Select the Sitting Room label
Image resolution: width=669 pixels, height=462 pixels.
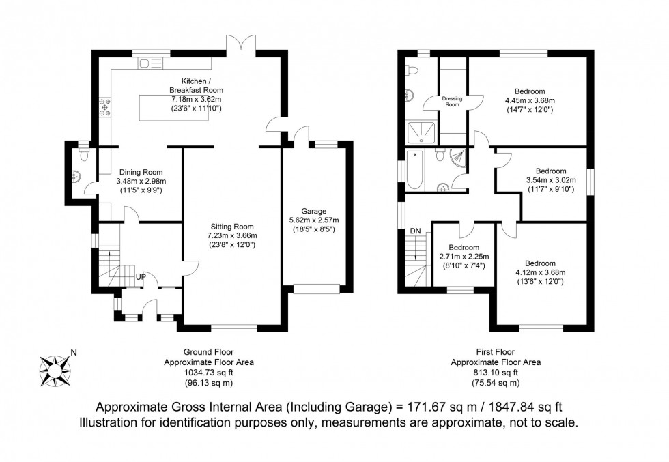point(231,227)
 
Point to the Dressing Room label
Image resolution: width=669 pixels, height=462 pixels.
point(452,102)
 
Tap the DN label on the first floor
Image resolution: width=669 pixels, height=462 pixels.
point(414,231)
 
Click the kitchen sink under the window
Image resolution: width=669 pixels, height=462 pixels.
point(151,63)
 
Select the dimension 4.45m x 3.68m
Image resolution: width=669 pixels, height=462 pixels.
point(530,100)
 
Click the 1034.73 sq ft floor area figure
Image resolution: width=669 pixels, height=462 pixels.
point(209,373)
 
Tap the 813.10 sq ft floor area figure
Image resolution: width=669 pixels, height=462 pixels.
point(496,373)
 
